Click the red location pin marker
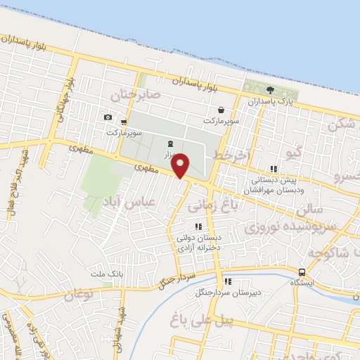click(181, 165)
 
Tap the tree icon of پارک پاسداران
click(270, 90)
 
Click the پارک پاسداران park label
click(269, 102)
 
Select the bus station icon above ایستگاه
click(302, 272)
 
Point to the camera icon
click(108, 117)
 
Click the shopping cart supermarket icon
click(124, 122)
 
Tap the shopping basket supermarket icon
click(222, 110)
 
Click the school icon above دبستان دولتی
click(198, 226)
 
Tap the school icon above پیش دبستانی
click(274, 169)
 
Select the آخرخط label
click(233, 155)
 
